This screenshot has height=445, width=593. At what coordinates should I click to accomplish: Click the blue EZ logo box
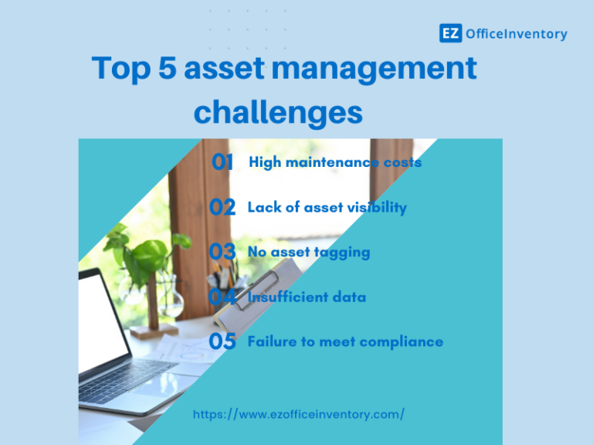(450, 33)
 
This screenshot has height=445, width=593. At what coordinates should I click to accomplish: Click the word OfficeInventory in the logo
(516, 34)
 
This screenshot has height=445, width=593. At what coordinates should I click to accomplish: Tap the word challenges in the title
(278, 113)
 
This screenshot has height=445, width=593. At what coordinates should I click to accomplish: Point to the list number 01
(222, 162)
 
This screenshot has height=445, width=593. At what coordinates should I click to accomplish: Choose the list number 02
(222, 207)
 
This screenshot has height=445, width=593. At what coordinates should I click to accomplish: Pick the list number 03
(222, 252)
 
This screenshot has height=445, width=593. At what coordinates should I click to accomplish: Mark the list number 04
(222, 297)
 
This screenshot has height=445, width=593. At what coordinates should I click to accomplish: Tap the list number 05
(222, 341)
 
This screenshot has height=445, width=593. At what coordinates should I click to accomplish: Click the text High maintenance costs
(335, 162)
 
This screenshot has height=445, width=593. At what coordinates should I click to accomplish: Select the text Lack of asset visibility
(327, 207)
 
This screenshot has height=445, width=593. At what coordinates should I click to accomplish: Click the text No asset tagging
(308, 252)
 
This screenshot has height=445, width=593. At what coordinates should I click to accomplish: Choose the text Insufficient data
(307, 297)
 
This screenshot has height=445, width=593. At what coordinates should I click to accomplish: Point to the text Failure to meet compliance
(345, 341)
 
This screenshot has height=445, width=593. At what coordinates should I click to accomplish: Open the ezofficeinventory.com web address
(298, 415)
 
